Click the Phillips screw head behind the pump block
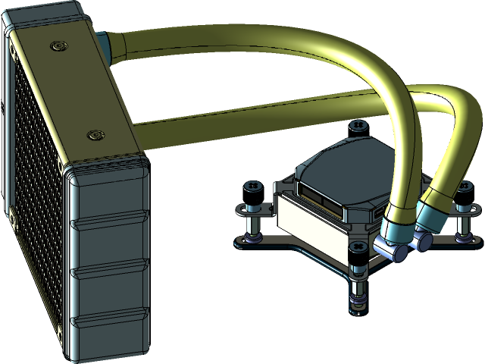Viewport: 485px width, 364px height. (x=357, y=124)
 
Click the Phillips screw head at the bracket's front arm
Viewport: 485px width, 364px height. (x=355, y=249)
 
